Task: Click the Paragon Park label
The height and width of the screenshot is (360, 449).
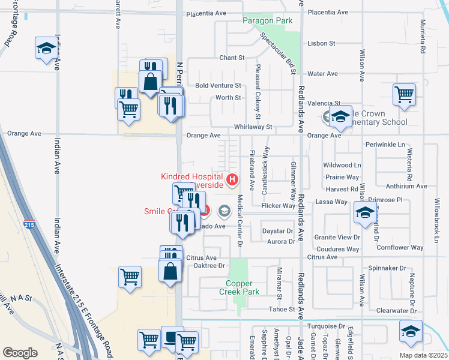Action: click(x=267, y=21)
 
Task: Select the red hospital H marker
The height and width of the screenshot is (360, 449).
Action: click(x=232, y=178)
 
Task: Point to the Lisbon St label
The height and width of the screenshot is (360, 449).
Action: click(x=321, y=43)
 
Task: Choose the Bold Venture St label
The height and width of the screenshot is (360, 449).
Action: click(x=218, y=86)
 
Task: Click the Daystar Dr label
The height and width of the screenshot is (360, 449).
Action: click(x=277, y=231)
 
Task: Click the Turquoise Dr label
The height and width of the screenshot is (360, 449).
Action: click(x=325, y=326)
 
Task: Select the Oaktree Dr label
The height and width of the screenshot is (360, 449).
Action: click(x=205, y=265)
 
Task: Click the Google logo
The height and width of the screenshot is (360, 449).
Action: click(x=20, y=353)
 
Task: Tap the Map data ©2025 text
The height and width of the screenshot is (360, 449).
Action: click(x=423, y=355)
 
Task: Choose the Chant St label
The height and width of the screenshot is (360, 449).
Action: click(x=232, y=58)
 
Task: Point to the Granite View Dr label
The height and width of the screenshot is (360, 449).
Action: click(x=337, y=238)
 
